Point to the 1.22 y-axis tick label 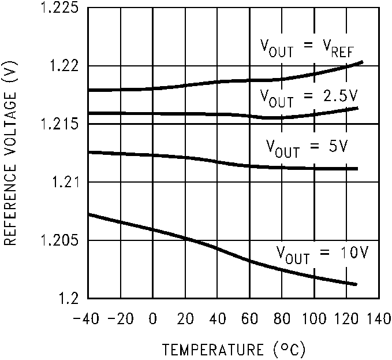(x=63, y=66)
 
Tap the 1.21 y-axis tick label (x=63, y=183)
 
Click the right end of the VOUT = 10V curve (x=357, y=284)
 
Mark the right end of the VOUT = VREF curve (x=362, y=61)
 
